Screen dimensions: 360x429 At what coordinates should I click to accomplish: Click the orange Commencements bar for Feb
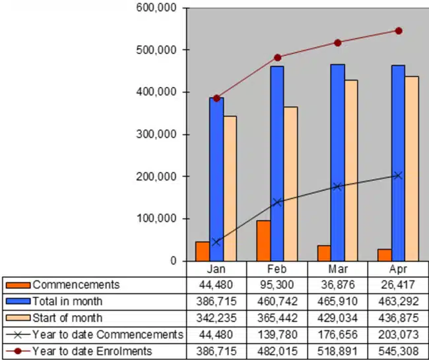263,241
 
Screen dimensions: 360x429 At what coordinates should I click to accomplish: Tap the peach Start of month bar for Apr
412,169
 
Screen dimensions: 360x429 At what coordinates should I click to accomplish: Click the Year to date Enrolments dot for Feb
277,57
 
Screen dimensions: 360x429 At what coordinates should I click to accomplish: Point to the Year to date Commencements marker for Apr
398,175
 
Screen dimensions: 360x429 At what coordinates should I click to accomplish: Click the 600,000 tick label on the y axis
156,8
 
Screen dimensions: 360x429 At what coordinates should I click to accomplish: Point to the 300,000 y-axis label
156,134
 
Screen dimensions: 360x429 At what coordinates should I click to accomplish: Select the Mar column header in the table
338,269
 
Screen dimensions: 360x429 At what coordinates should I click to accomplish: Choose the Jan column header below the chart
216,269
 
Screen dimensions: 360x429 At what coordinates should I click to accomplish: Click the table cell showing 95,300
277,285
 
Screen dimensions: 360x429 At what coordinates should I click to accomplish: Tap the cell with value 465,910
338,301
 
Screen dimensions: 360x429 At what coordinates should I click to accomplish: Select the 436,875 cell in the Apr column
399,318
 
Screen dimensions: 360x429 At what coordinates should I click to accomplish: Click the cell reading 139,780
277,334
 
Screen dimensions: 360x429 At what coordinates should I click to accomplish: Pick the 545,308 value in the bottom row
399,351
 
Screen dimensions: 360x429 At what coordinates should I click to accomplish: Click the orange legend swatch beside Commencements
18,285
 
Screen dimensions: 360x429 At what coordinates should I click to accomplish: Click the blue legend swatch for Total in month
18,301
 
